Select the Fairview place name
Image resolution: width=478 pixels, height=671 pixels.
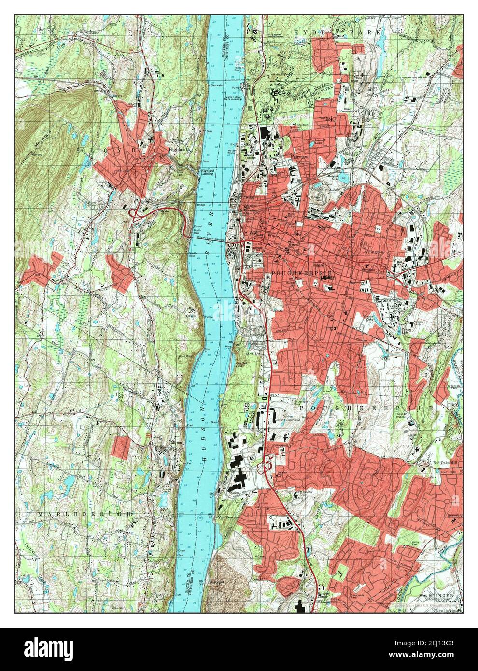[290, 157]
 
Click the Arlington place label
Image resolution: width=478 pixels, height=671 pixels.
[375, 252]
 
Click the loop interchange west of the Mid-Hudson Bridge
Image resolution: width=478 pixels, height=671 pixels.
[132, 213]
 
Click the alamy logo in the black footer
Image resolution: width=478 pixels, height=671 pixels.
[48, 649]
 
